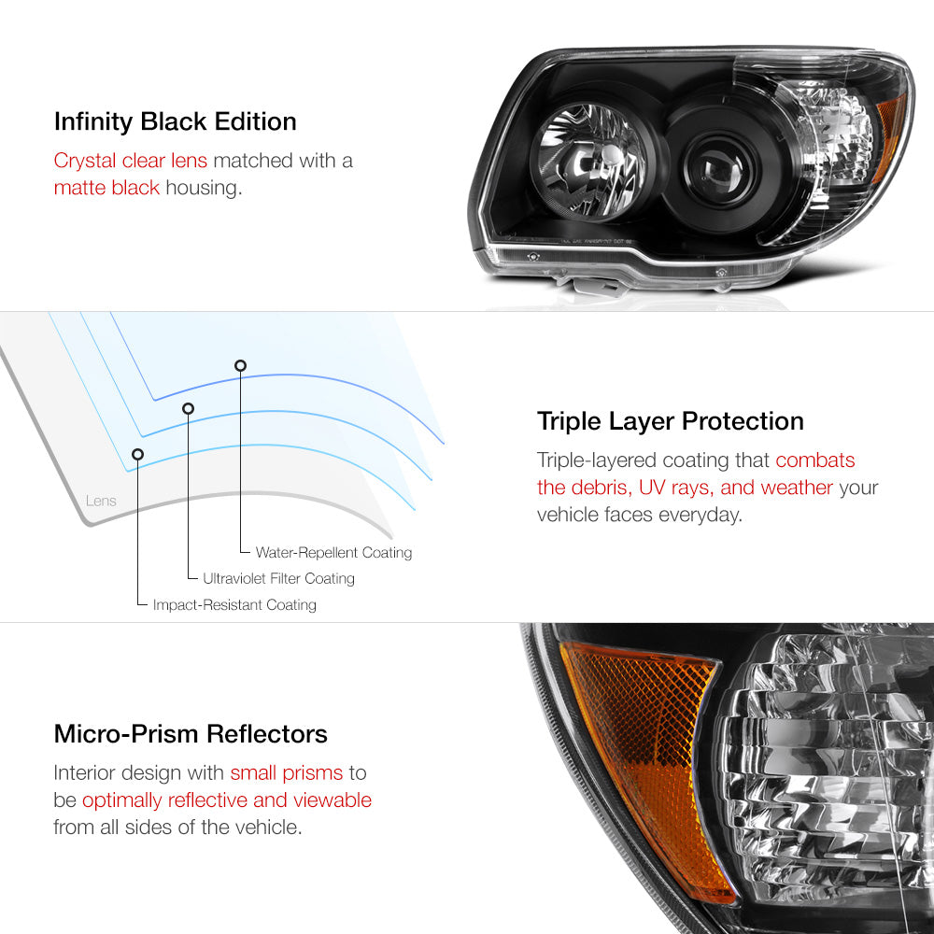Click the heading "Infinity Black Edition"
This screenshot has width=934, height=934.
pyautogui.click(x=176, y=122)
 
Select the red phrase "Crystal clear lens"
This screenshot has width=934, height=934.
pyautogui.click(x=131, y=161)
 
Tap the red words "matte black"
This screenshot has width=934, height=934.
pyautogui.click(x=106, y=188)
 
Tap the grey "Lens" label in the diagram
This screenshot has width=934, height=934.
pyautogui.click(x=101, y=501)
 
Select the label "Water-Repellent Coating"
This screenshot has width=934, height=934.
pyautogui.click(x=333, y=553)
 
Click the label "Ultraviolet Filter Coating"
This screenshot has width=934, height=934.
pyautogui.click(x=278, y=578)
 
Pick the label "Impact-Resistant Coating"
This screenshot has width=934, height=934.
pyautogui.click(x=234, y=604)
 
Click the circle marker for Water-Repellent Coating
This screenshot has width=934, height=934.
pyautogui.click(x=240, y=366)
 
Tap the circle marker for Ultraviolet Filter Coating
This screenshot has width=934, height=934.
pyautogui.click(x=189, y=409)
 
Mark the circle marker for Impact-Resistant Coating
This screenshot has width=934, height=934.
pyautogui.click(x=137, y=455)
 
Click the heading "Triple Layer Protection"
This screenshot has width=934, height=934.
pyautogui.click(x=670, y=421)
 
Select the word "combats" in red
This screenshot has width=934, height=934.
pyautogui.click(x=814, y=460)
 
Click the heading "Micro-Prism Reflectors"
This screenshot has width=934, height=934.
pyautogui.click(x=191, y=734)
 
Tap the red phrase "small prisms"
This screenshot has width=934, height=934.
pyautogui.click(x=287, y=773)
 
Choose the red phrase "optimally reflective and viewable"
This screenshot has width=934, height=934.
pyautogui.click(x=227, y=800)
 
